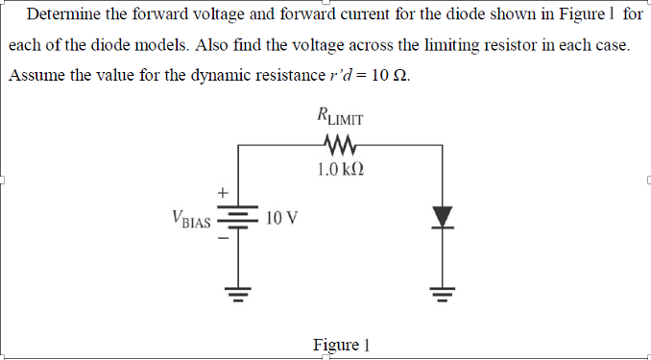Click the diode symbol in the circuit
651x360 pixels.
442,216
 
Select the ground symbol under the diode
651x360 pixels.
442,291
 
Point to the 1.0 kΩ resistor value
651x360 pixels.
340,171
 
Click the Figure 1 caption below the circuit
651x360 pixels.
342,344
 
